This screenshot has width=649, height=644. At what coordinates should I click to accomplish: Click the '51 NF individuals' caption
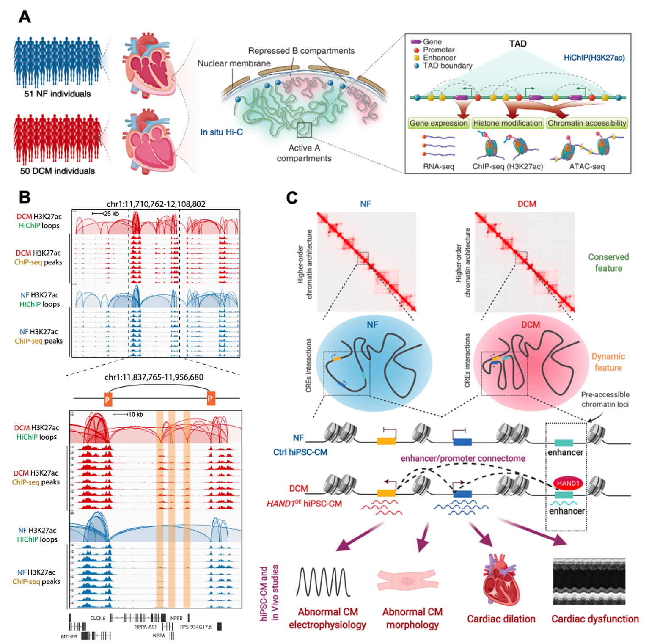(x=58, y=94)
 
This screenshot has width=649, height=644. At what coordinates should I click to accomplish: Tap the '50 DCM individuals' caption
(x=58, y=171)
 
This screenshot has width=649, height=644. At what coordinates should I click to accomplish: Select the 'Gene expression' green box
(x=439, y=123)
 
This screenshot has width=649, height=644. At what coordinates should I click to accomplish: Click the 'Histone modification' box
(x=508, y=123)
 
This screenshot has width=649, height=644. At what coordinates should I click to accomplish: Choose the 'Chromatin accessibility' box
(x=587, y=123)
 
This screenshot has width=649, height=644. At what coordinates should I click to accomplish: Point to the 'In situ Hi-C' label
(x=222, y=132)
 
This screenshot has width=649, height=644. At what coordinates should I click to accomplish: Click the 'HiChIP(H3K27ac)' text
(x=594, y=58)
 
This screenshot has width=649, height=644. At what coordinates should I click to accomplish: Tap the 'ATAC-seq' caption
(x=587, y=167)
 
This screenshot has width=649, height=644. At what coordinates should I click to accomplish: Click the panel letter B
(x=25, y=197)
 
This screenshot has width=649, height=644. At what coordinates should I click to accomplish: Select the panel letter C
(x=292, y=198)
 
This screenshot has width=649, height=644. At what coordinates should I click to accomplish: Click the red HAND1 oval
(x=568, y=483)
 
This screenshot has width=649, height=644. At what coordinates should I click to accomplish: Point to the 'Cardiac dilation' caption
(x=501, y=619)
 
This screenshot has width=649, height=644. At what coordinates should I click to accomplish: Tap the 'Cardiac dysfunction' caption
(x=595, y=619)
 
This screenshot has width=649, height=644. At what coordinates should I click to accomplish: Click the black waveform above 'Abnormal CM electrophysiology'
(x=324, y=582)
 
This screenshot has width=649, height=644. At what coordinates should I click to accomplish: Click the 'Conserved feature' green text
(x=608, y=263)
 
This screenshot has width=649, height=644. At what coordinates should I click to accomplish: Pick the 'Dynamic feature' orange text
(x=608, y=362)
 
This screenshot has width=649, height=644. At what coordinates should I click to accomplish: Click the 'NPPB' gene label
(x=176, y=618)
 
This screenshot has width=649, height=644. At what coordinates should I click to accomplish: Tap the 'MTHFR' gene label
(x=69, y=636)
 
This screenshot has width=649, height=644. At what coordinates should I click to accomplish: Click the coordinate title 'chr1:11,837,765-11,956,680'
(x=154, y=377)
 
